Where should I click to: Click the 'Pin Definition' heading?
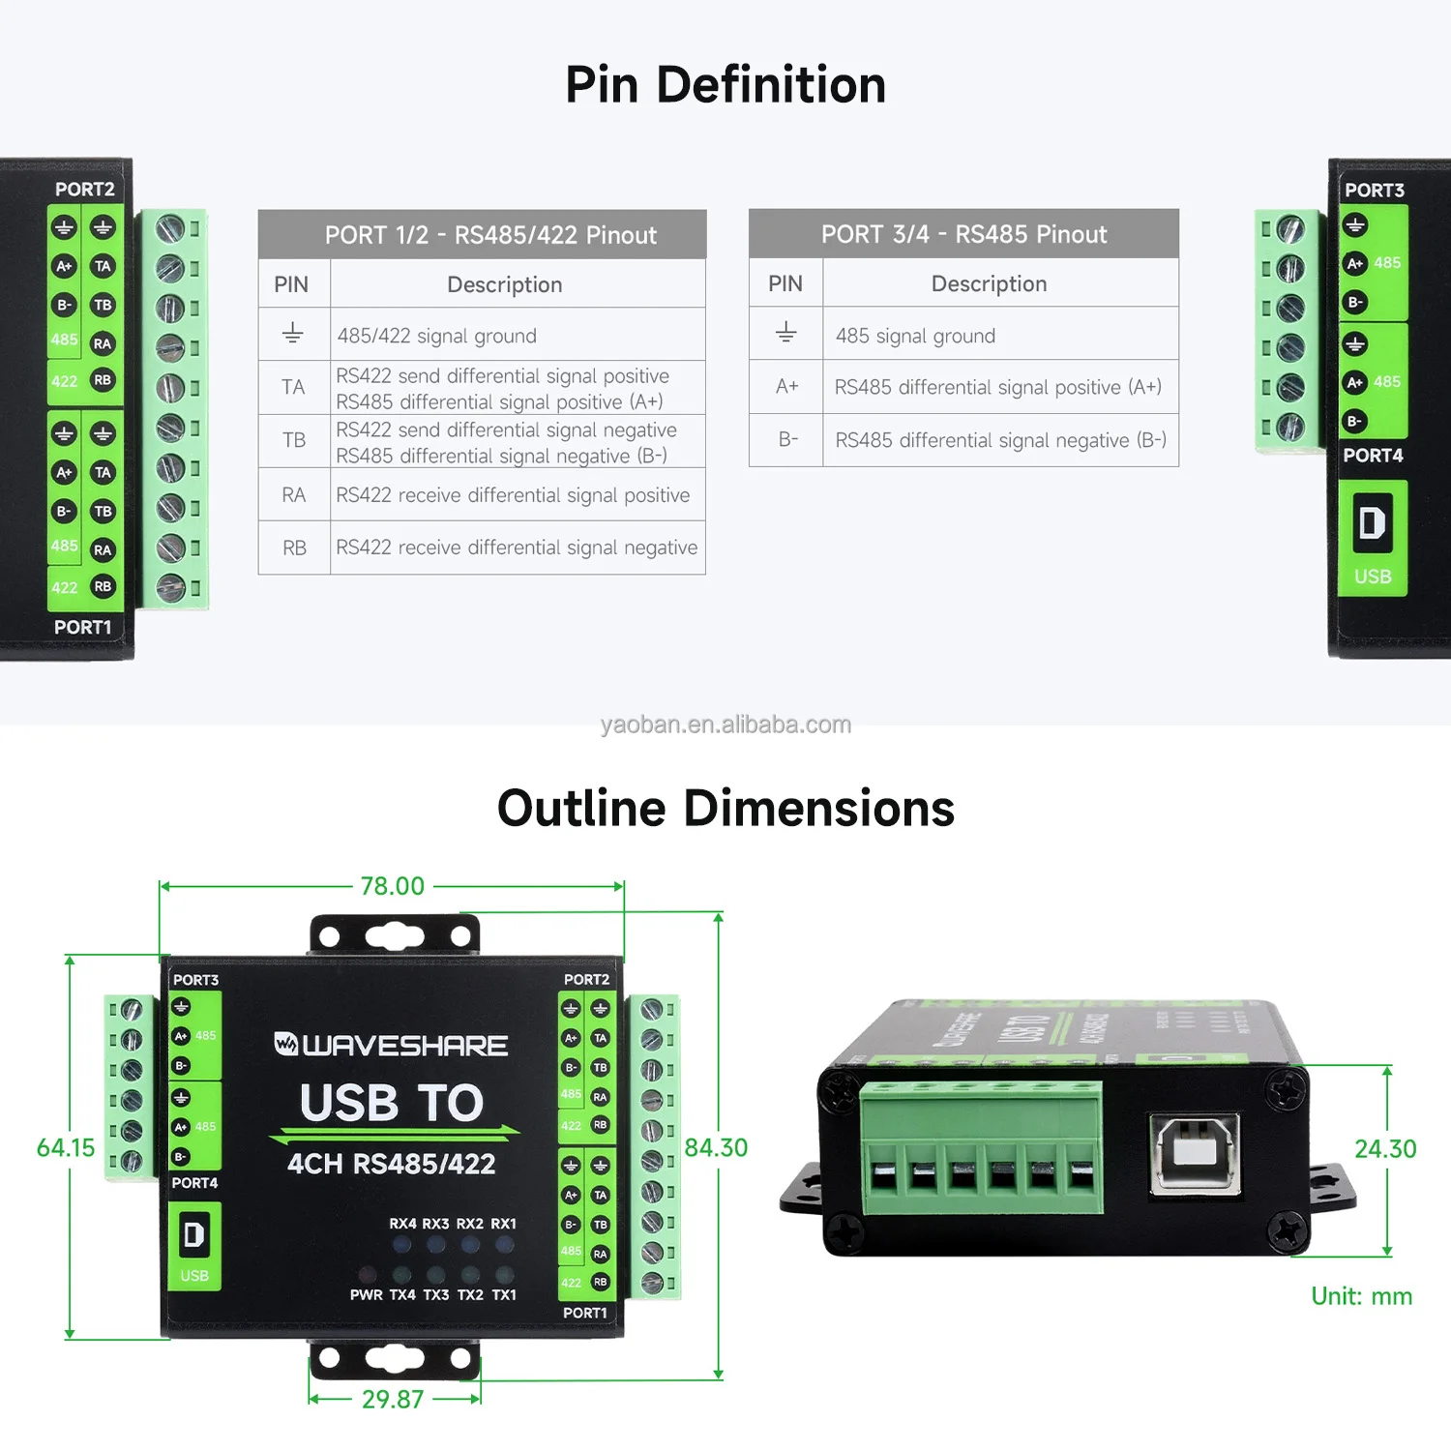click(725, 85)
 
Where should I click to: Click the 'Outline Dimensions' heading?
click(725, 809)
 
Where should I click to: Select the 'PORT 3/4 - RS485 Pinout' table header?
click(963, 234)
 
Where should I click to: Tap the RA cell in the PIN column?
click(294, 495)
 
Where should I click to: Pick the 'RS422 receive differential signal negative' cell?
click(517, 548)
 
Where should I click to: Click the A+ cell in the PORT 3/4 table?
click(786, 387)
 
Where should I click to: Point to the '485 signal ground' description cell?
click(915, 336)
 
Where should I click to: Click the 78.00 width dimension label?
click(392, 886)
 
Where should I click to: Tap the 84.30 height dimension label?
click(716, 1148)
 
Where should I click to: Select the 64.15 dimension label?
click(66, 1148)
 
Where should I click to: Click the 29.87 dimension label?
click(392, 1400)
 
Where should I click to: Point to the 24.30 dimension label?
click(1385, 1149)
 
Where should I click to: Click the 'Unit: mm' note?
click(1361, 1296)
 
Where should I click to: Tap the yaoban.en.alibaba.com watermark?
click(725, 725)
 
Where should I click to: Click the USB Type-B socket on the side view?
click(1195, 1154)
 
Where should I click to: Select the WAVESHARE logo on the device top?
click(391, 1046)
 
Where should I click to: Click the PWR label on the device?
click(366, 1295)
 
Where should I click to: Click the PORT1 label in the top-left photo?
click(82, 627)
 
